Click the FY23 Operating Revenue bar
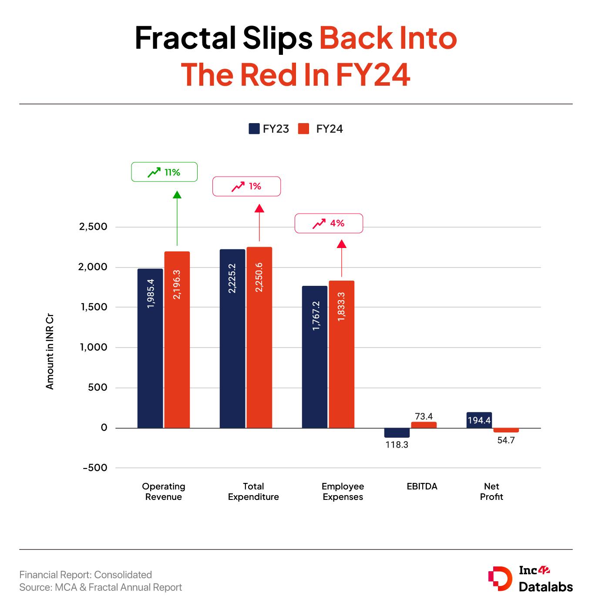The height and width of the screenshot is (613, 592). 150,348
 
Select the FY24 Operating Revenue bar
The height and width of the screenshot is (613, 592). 177,339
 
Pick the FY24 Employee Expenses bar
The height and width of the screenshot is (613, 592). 342,354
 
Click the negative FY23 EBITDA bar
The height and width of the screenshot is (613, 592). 397,433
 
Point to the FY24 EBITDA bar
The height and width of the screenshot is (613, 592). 424,425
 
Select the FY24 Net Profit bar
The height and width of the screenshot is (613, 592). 506,430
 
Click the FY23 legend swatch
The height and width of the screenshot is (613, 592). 254,129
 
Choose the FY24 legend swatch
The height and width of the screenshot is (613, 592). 303,129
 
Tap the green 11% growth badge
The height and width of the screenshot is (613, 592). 164,172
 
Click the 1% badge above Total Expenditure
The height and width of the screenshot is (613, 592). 246,187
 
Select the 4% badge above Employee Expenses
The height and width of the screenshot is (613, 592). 329,224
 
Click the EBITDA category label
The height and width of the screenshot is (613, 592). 422,486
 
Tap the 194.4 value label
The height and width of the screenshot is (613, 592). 479,420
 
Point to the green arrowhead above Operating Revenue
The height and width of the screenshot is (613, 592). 177,194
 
